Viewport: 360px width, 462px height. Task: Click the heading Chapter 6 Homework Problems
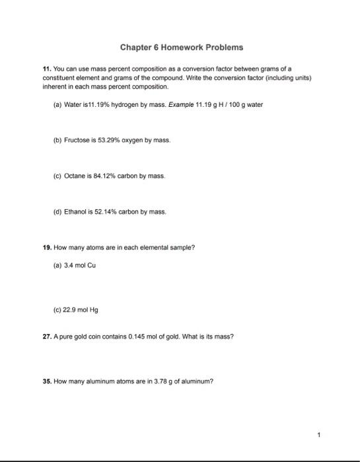[181, 48]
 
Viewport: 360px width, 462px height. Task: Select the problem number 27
[40, 337]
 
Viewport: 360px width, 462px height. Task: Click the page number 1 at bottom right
[318, 435]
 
